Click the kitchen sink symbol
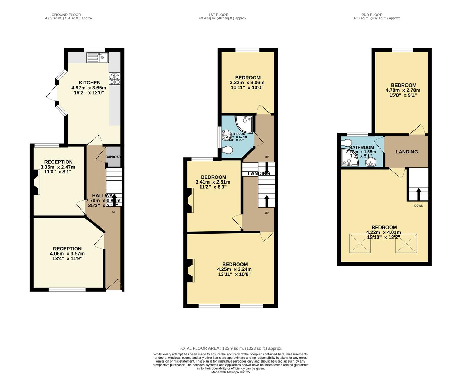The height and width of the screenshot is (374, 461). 98,57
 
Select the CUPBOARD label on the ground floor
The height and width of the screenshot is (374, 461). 113,157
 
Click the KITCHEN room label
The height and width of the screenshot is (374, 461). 89,83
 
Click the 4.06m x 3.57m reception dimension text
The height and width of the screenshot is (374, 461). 67,253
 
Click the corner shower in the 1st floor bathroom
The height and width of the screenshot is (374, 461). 245,124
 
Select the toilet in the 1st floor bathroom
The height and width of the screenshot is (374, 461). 227,150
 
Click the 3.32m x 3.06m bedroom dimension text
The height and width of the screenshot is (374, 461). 247,83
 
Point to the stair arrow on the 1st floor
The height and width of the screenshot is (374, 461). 267,201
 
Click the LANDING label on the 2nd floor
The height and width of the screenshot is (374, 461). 407,152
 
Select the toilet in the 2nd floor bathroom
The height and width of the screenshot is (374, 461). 347,143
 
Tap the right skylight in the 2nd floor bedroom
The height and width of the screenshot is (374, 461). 406,244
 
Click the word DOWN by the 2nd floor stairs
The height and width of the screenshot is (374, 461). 419,206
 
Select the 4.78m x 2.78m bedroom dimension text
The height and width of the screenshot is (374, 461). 403,90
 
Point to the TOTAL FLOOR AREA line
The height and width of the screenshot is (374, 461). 230,348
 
